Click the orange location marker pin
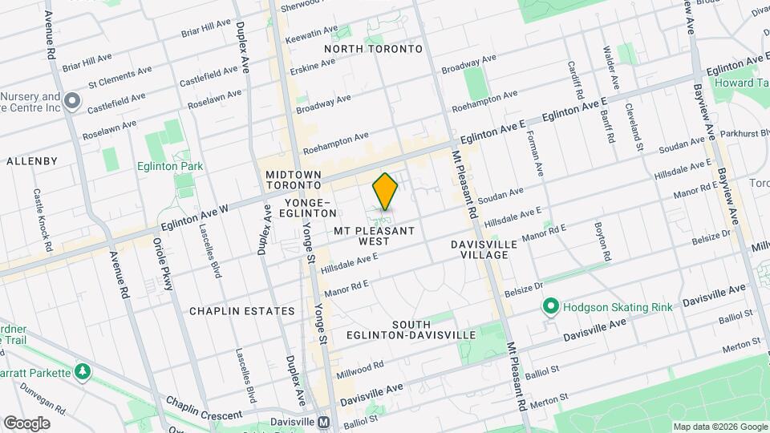385,192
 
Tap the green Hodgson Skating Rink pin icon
550,306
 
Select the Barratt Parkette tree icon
82,371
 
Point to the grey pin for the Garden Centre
72,101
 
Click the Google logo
26,423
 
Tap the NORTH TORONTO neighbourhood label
373,49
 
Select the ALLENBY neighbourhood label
32,161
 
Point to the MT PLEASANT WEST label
375,236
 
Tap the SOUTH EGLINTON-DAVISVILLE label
412,330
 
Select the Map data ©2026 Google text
719,427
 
